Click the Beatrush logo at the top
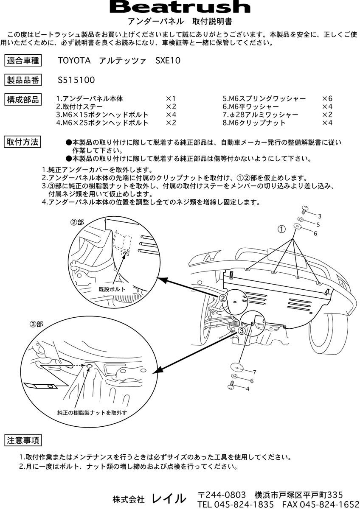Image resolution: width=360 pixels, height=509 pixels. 180,7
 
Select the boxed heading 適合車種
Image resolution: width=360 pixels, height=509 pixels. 23,61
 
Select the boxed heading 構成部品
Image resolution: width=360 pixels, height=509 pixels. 23,100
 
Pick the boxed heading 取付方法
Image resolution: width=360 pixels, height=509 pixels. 23,142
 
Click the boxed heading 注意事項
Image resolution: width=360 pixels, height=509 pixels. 23,440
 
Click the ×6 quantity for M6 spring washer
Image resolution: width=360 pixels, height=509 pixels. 327,98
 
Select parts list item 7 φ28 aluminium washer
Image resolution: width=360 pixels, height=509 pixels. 260,115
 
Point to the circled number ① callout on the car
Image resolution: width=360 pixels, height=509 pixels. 281,229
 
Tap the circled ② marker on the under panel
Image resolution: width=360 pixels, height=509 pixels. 223,298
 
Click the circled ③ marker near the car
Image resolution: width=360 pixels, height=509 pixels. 241,330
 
